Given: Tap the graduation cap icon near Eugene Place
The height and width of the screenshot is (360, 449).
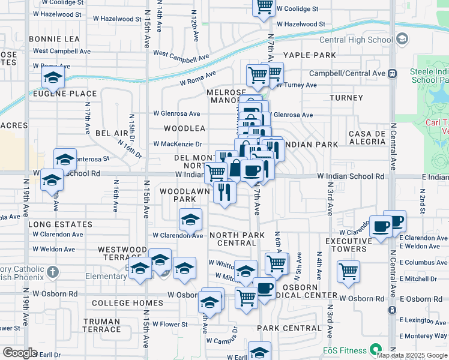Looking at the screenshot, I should [x=53, y=77].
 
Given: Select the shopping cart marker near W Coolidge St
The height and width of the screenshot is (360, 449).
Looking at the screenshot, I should [x=264, y=7].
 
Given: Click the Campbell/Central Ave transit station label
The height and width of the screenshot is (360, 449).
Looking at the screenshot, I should [x=347, y=73].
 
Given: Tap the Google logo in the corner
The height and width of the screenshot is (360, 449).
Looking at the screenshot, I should [x=20, y=353].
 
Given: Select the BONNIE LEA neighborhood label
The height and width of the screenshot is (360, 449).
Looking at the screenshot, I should [x=54, y=38].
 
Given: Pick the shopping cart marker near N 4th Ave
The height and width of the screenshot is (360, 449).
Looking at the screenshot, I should [x=348, y=271].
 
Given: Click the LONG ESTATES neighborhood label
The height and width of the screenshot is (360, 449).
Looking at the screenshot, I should [x=60, y=224].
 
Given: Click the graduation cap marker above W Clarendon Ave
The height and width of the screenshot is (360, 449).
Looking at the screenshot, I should [x=191, y=220].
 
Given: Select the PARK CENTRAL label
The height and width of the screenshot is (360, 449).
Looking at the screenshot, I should [x=289, y=328].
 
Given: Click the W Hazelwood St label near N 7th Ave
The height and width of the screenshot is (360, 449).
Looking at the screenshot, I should [x=296, y=24].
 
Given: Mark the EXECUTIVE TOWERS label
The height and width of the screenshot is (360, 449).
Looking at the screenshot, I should [x=345, y=245].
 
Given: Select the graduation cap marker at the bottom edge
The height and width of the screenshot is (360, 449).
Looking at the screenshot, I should [x=260, y=352].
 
